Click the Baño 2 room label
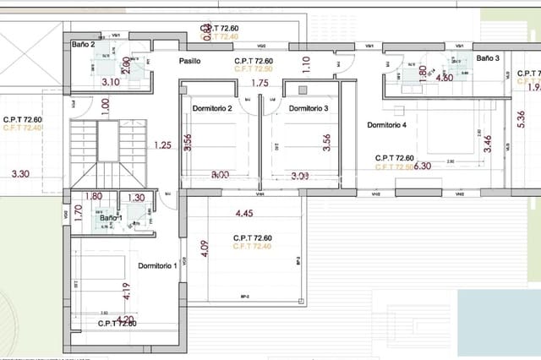coord(82,44)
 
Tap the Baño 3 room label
coord(488,58)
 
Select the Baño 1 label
coord(111,218)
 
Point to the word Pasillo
coord(189,62)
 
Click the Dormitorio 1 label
coord(157,266)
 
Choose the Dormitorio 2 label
coord(212,109)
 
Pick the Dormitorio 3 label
coord(309,109)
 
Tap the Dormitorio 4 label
coord(386,125)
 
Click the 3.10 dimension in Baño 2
coord(110,82)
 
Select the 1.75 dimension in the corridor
coord(260,83)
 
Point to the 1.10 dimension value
coord(307,61)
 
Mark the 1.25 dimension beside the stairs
coord(162,145)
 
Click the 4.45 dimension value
coord(245,213)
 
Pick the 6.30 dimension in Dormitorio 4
coord(423,166)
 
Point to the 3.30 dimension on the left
coord(20,174)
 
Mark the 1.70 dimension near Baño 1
coord(79,212)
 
